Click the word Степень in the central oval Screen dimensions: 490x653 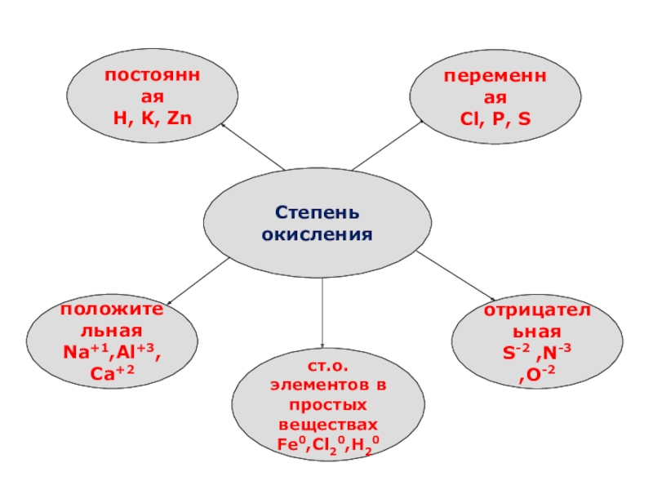[x=317, y=214]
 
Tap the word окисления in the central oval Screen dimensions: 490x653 [x=317, y=234]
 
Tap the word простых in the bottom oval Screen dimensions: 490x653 [x=328, y=405]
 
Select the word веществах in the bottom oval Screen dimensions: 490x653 [x=328, y=425]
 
